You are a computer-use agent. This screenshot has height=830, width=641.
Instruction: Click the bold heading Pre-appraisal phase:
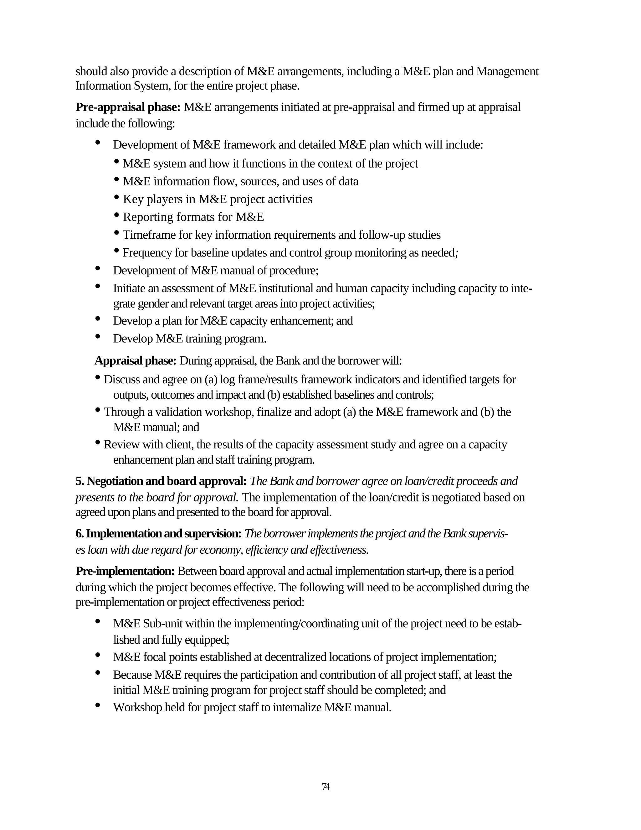pos(128,107)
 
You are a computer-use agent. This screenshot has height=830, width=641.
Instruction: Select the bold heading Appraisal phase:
pos(135,360)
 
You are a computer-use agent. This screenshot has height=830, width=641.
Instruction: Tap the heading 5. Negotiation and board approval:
pos(161,481)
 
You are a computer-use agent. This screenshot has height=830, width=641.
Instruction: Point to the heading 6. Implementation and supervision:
pos(158,534)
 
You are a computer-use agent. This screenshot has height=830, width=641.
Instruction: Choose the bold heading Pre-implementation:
pos(125,571)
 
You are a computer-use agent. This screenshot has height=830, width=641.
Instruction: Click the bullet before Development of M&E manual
pos(98,268)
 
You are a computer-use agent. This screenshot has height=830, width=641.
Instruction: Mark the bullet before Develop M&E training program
pos(98,336)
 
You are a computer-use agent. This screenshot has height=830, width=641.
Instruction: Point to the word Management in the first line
pos(507,71)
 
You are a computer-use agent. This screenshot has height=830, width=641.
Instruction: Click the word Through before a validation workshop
pos(119,412)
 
